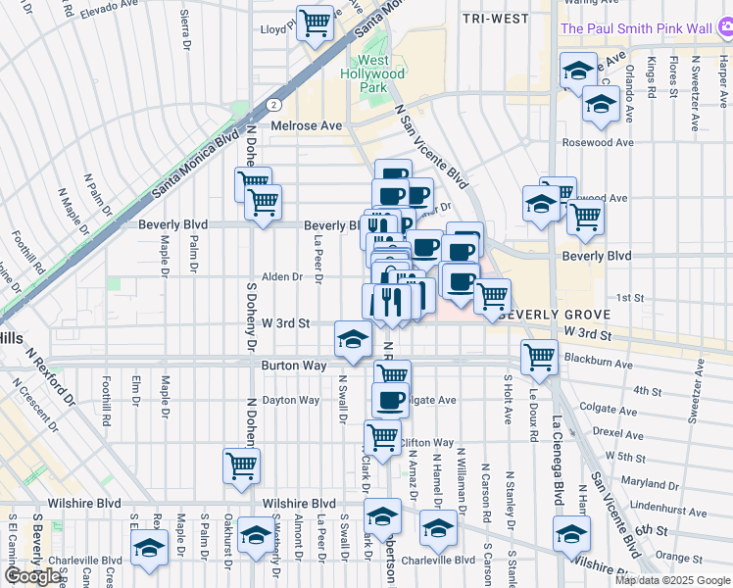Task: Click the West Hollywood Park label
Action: pos(372,73)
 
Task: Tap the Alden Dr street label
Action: pos(282,277)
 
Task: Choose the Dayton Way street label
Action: pos(291,400)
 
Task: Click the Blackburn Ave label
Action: pos(598,363)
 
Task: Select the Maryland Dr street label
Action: pos(643,483)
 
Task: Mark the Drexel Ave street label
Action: pos(617,431)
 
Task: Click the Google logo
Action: pos(34,575)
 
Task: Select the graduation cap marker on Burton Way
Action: pos(353,339)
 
